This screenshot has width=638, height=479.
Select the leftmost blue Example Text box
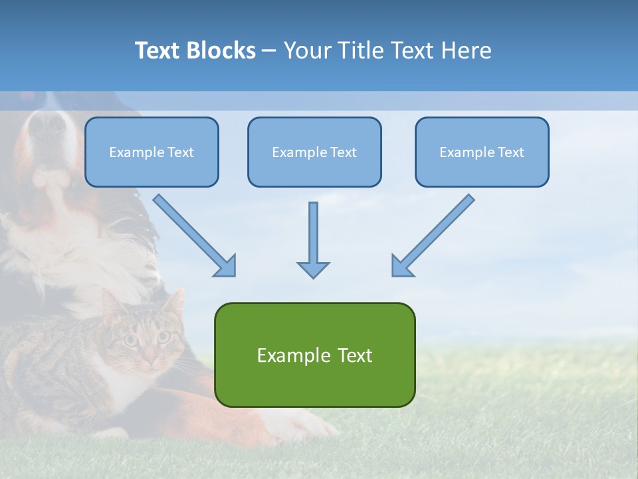tap(152, 152)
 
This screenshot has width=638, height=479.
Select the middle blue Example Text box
tap(314, 152)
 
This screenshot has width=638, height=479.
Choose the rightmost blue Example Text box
tap(482, 152)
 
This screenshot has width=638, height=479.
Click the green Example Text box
tap(314, 355)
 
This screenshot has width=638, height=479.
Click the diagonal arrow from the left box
tap(193, 234)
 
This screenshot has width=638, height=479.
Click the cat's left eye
tap(131, 341)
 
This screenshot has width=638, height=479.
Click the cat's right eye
tap(162, 336)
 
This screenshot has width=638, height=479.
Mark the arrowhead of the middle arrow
tap(313, 269)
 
